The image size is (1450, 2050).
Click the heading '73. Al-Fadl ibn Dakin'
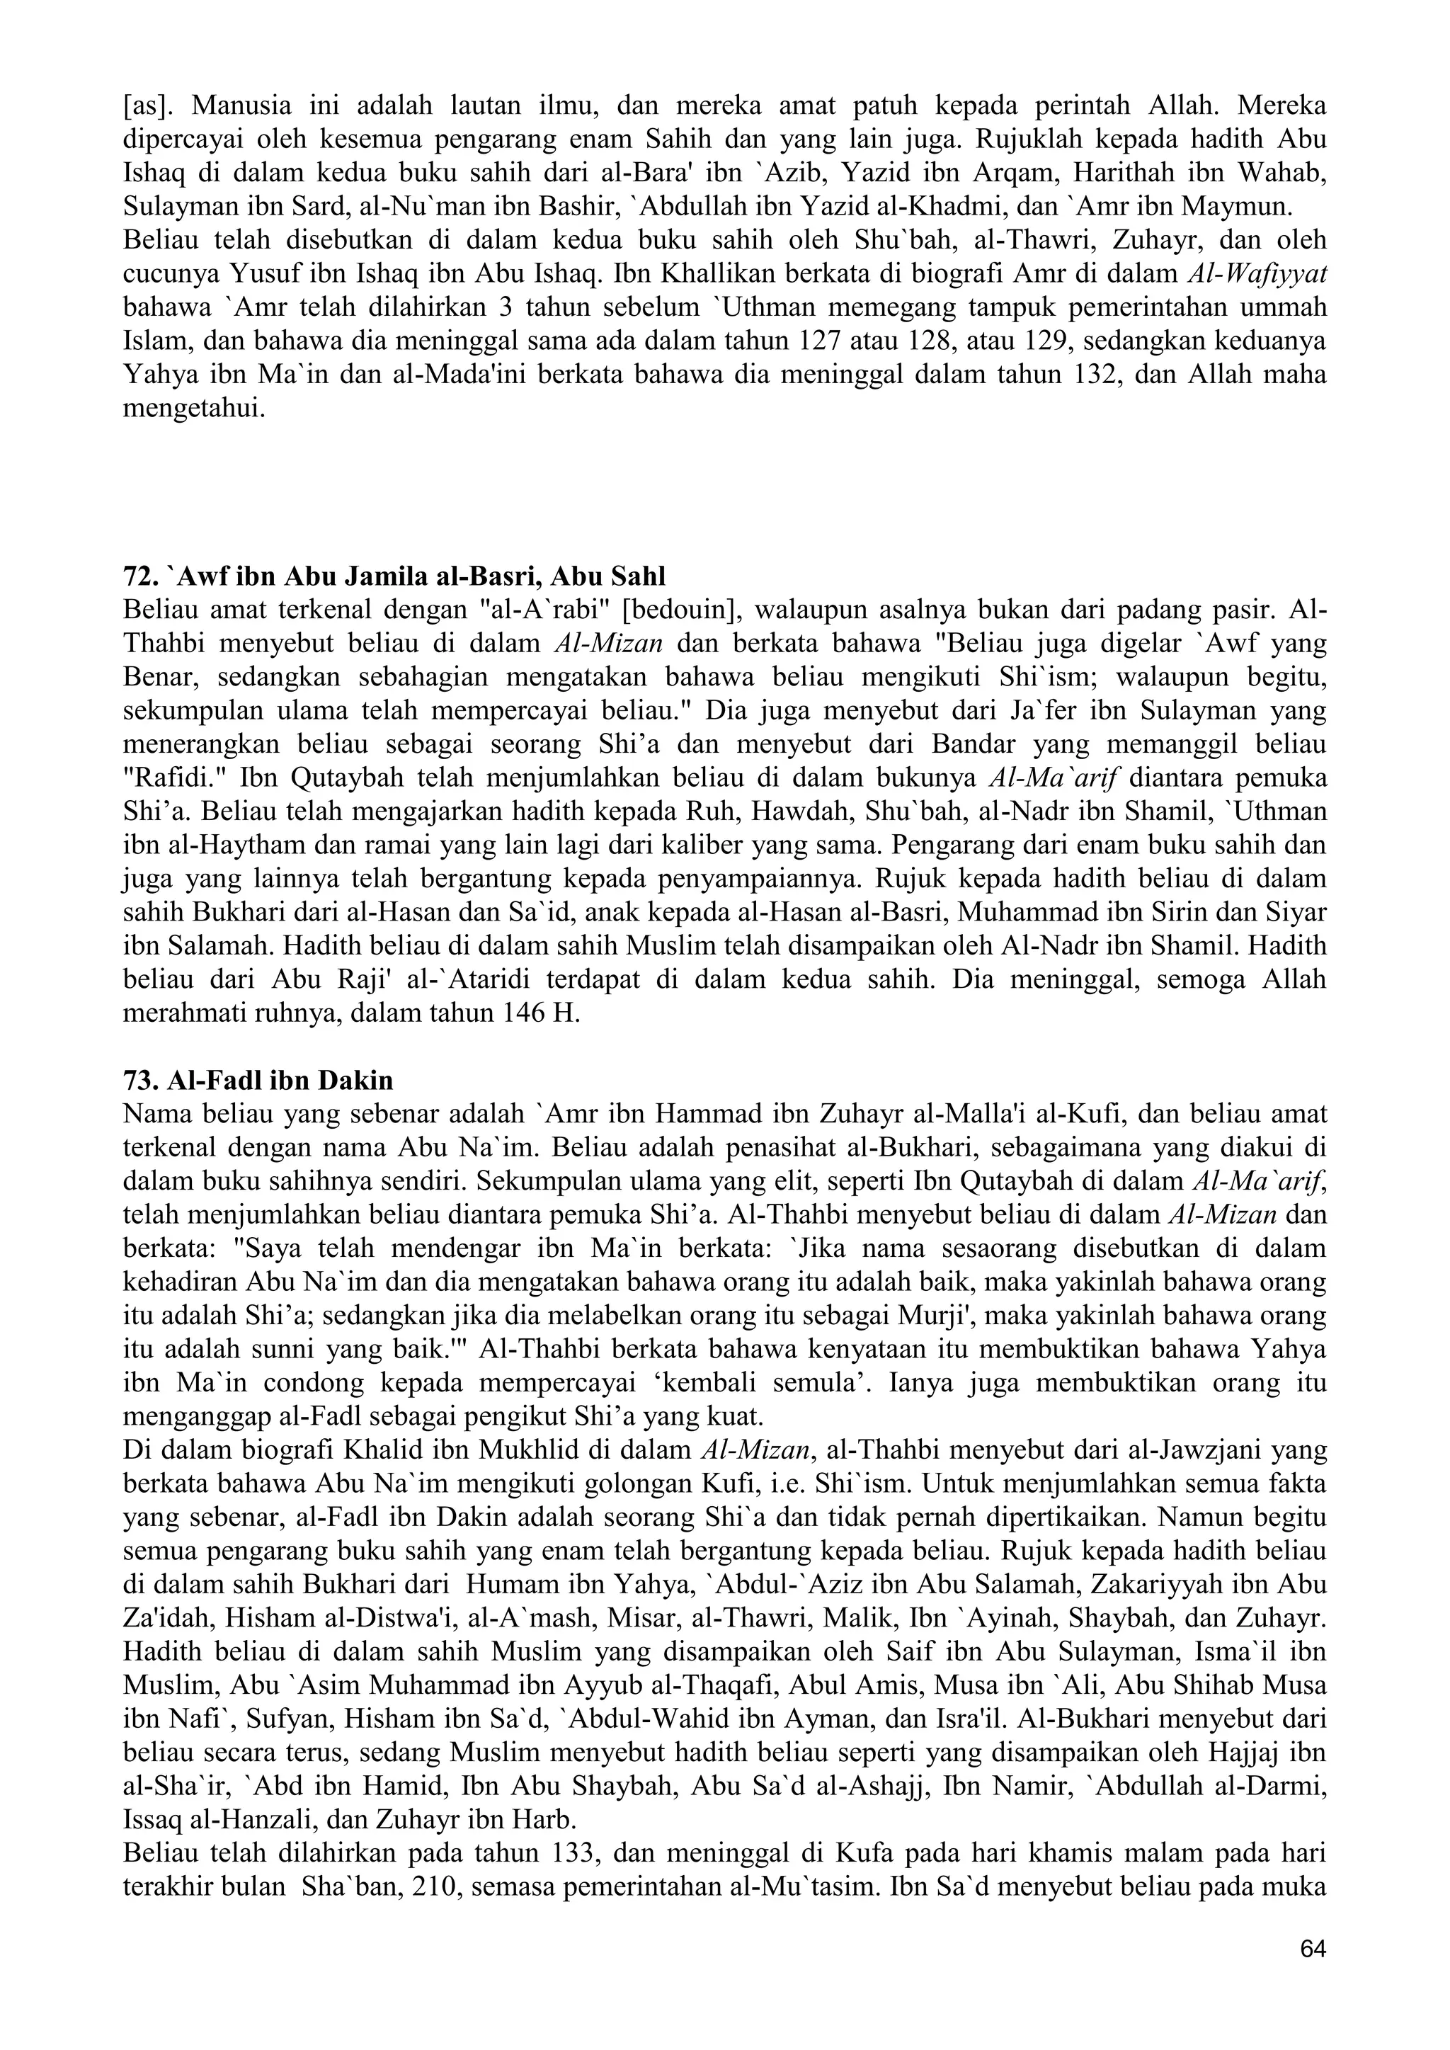(x=258, y=1081)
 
